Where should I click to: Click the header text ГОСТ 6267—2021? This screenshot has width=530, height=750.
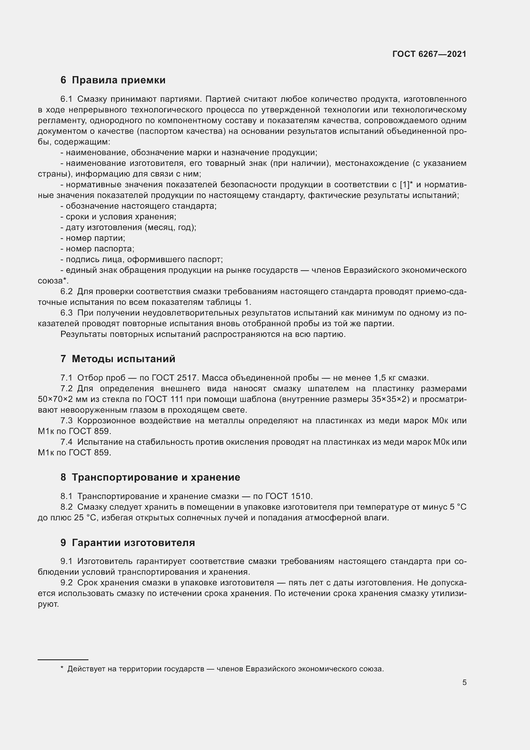coord(429,54)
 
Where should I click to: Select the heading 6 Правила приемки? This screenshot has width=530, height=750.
coord(113,80)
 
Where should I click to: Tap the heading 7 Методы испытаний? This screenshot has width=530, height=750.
coord(118,359)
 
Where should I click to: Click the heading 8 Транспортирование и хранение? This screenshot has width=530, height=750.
coord(150,477)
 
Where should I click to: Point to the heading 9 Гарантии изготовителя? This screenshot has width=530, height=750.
coord(127,543)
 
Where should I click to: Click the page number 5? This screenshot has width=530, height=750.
coord(464,682)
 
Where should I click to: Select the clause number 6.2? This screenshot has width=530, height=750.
coord(66,292)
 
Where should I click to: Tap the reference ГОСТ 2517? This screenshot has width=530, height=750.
coord(177,378)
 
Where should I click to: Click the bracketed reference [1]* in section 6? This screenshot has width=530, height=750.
coord(406,185)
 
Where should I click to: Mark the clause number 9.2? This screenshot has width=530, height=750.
coord(66,583)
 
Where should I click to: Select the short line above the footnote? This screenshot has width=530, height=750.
coord(63,660)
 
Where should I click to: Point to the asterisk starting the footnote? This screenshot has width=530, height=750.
coord(62,669)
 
